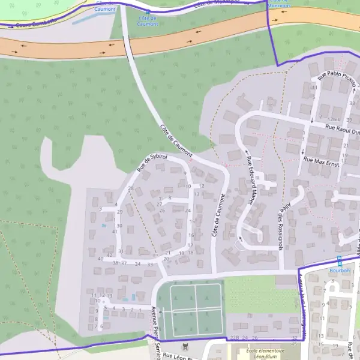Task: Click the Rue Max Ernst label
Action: [322, 161]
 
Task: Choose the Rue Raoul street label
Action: [341, 127]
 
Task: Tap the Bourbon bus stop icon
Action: [339, 260]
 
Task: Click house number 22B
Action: [235, 338]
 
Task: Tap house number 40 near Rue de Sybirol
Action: [100, 259]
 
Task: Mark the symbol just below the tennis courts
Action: [185, 346]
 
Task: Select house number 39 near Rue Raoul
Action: [349, 120]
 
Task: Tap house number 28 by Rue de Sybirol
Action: [131, 188]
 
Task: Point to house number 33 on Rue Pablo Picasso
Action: [352, 104]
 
